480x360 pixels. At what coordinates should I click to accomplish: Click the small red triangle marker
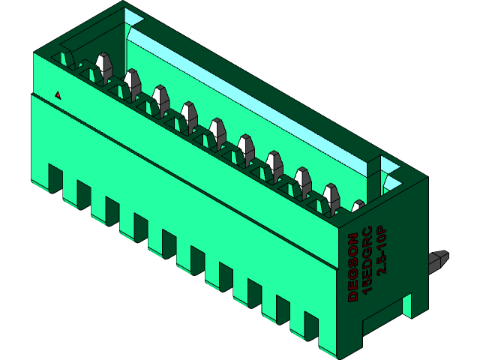click(x=58, y=95)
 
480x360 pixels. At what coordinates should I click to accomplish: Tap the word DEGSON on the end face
click(x=352, y=268)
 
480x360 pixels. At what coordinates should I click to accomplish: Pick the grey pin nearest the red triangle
click(x=103, y=66)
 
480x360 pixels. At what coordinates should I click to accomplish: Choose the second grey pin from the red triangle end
click(x=133, y=82)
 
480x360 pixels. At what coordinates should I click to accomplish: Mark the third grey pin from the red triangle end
click(x=160, y=98)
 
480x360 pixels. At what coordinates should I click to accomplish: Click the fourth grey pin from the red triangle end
click(x=189, y=114)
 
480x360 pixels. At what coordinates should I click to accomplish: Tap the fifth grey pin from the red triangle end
click(x=217, y=130)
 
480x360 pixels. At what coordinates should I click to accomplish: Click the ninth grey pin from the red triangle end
click(x=331, y=195)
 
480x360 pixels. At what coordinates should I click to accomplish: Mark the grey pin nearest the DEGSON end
click(x=358, y=206)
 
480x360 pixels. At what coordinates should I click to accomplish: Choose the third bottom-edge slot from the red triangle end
click(x=111, y=210)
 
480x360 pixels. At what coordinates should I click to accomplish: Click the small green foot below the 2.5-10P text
click(x=407, y=304)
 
